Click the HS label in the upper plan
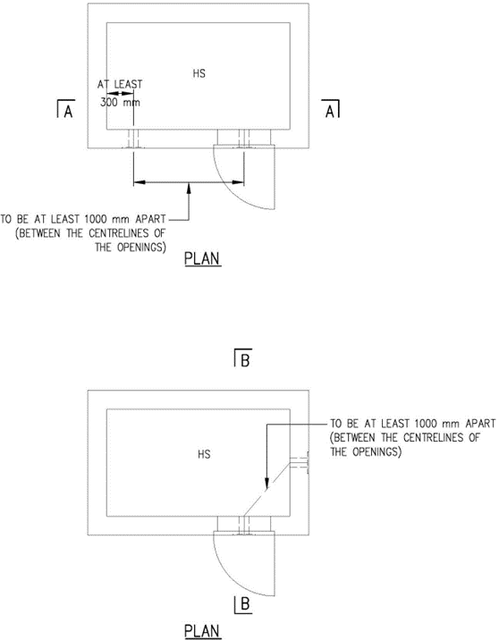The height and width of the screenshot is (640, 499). coord(199,74)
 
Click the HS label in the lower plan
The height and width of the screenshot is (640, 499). coord(204,454)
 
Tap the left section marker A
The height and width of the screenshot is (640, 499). coord(66,109)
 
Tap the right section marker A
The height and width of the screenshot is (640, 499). coord(330,109)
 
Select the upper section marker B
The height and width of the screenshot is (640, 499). coord(243,358)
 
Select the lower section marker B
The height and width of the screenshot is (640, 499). coord(243,604)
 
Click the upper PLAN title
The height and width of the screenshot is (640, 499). coord(202,259)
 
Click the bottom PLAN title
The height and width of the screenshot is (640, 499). coord(202,631)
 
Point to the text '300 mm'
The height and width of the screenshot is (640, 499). coord(120,102)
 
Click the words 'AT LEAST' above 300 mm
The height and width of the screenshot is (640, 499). coord(120,85)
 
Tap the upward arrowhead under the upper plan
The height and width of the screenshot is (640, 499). coord(189,188)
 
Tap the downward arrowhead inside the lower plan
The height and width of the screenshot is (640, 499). coord(266,483)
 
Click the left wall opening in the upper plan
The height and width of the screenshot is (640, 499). coord(134,139)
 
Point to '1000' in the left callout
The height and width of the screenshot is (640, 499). coord(96,219)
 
